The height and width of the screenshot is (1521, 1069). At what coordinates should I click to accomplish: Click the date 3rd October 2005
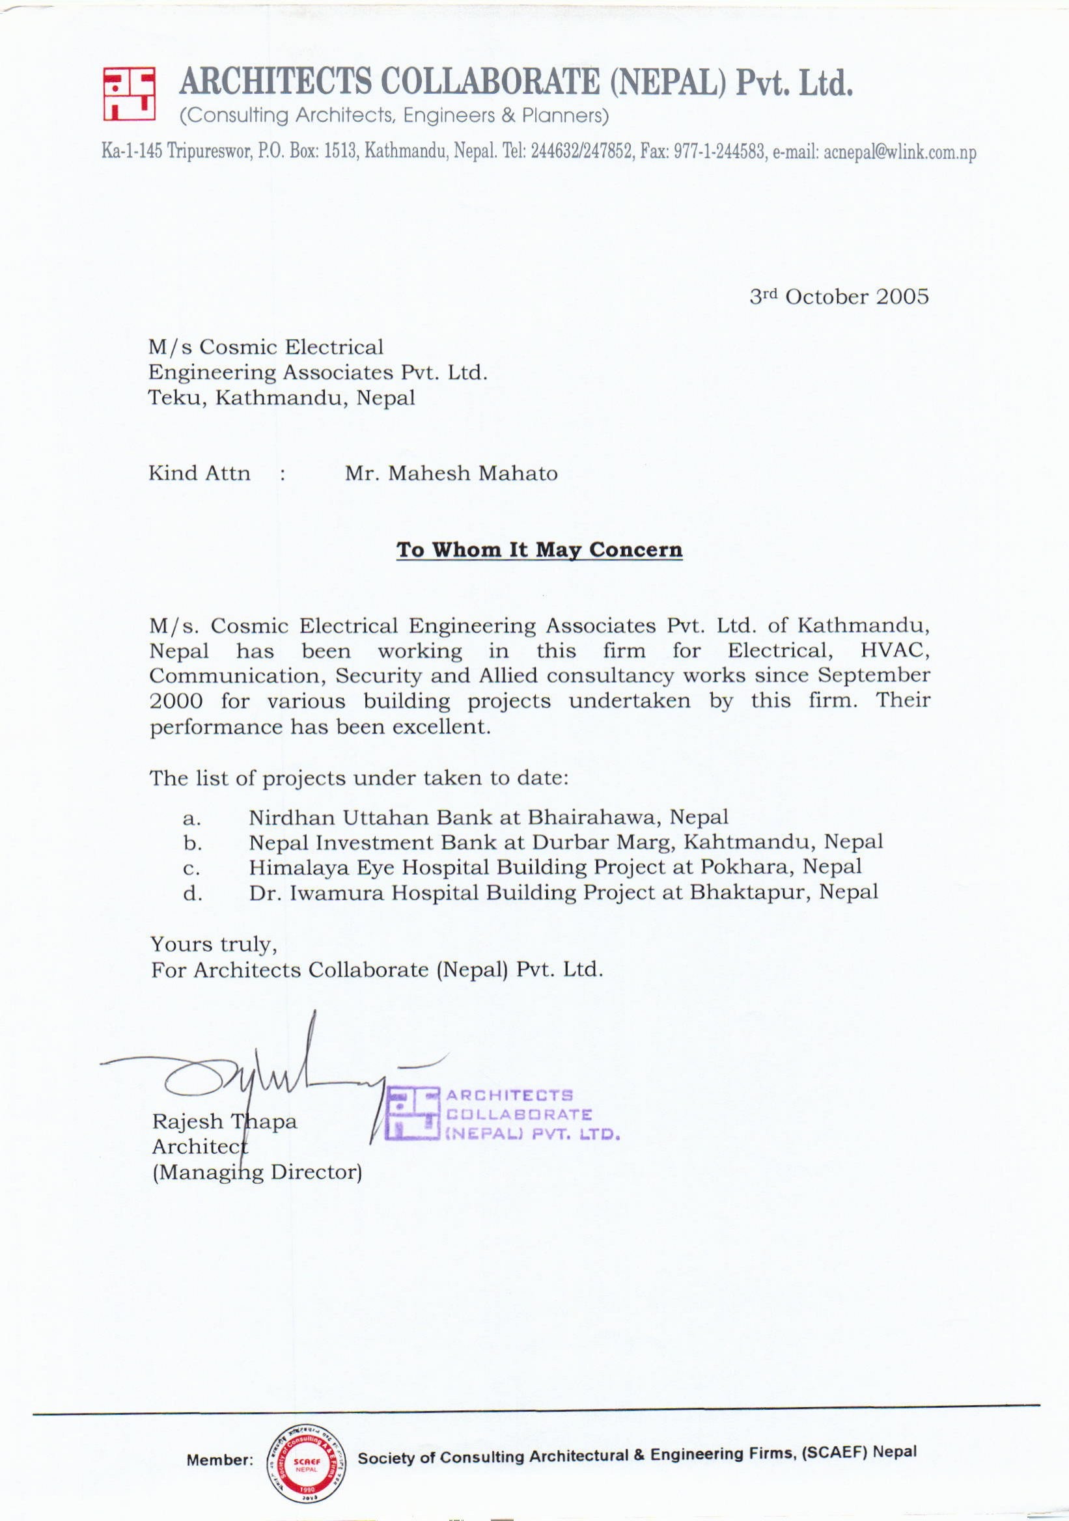tap(839, 297)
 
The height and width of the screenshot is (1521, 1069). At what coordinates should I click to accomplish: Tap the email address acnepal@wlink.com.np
tap(899, 153)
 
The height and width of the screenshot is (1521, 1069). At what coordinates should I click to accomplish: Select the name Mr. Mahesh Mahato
tap(451, 474)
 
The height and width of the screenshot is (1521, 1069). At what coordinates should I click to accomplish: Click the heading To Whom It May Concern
tap(539, 551)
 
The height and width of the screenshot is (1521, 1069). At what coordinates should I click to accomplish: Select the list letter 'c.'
tap(192, 868)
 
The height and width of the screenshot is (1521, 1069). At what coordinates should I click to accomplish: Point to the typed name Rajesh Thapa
tap(224, 1121)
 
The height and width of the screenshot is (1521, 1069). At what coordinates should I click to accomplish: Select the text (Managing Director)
tap(257, 1172)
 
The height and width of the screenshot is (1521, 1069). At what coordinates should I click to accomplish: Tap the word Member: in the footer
tap(220, 1460)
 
